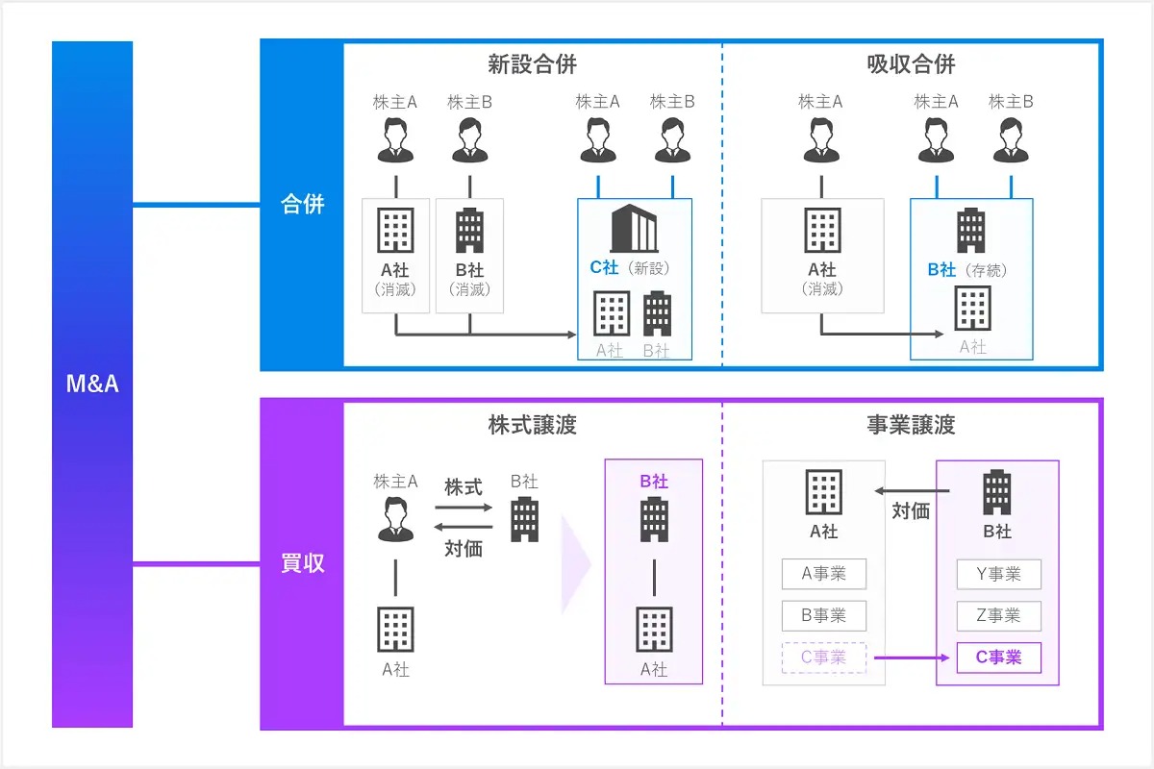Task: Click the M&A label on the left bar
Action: (x=91, y=385)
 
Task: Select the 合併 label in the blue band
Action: (x=302, y=205)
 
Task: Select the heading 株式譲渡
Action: (x=532, y=425)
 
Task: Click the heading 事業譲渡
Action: (x=911, y=425)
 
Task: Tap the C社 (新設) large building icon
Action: (x=634, y=229)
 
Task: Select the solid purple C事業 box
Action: (x=998, y=657)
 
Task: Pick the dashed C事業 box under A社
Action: (x=823, y=657)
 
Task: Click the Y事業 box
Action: (x=998, y=575)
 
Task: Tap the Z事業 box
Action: (x=998, y=616)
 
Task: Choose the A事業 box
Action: (x=823, y=575)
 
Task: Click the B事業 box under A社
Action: (x=823, y=616)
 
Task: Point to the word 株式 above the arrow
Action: (x=464, y=487)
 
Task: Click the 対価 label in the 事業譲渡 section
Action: (x=911, y=511)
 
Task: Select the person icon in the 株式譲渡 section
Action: (x=395, y=520)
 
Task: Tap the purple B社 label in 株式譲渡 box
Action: (x=653, y=482)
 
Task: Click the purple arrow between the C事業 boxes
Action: (x=911, y=658)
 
